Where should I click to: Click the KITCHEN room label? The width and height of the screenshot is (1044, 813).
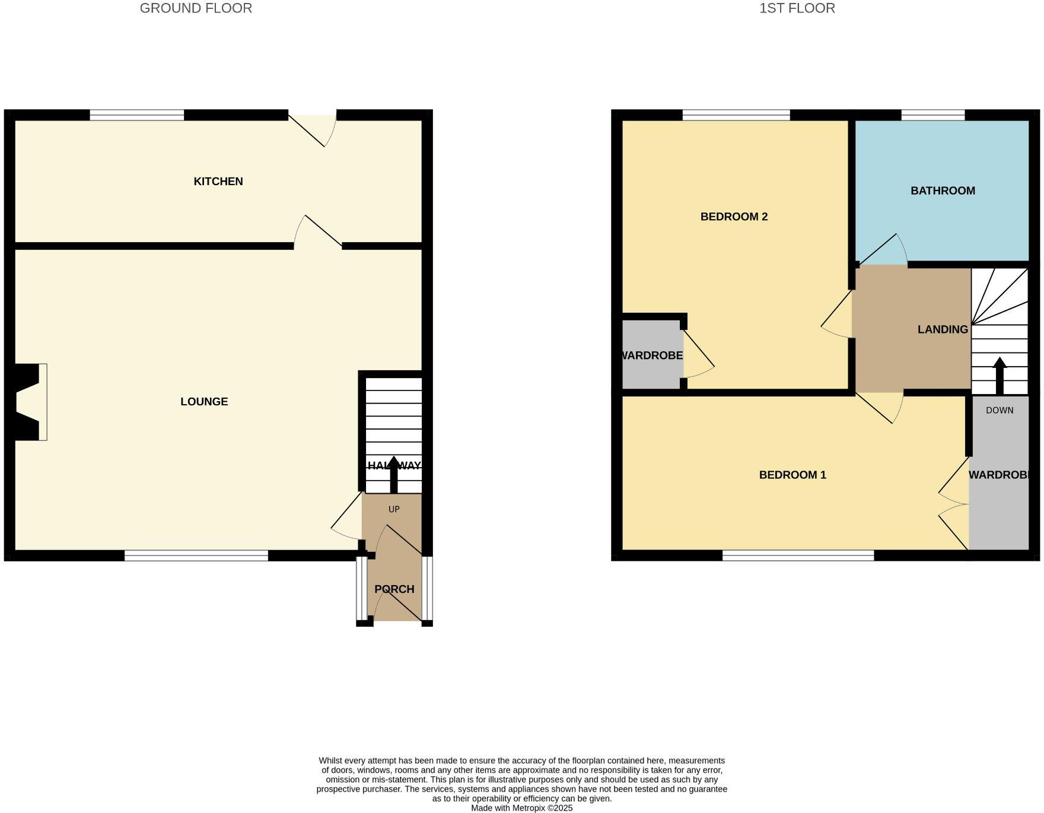pos(218,182)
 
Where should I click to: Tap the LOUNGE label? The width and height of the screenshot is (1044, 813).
pos(204,402)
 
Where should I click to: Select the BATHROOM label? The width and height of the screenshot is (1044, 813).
pos(943,191)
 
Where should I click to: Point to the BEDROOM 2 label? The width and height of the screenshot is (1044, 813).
pos(734,217)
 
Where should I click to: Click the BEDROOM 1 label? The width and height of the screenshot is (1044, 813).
pos(792,475)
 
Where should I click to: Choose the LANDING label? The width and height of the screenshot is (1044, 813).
pos(943,330)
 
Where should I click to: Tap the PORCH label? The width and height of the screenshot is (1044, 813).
pos(394,589)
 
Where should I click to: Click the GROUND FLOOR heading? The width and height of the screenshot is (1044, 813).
pos(196,8)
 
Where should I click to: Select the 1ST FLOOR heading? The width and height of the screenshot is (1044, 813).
pos(797,8)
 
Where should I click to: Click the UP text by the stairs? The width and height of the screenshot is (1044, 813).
pos(394,509)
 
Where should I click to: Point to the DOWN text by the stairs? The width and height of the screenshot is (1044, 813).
pos(1000,411)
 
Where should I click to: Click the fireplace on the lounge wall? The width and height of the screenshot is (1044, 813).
pos(30,402)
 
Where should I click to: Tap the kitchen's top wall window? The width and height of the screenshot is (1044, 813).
pos(137,115)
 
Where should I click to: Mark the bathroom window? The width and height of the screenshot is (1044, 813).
pos(932,115)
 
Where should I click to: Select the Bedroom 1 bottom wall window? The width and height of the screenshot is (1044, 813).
pos(798,555)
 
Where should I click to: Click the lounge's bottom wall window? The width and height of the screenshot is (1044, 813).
pos(196,555)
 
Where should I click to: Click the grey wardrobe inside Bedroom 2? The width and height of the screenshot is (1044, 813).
pos(651,355)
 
